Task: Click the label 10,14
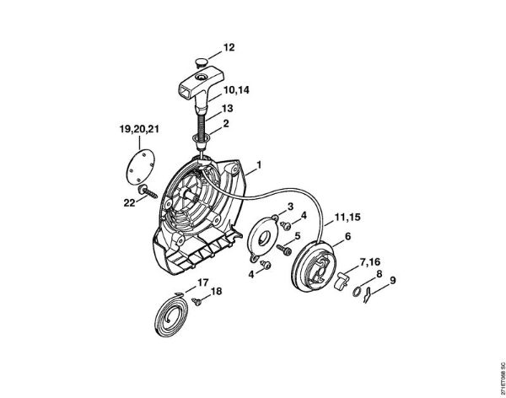237,88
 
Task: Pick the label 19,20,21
140,128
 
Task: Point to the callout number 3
290,206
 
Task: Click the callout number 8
379,274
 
